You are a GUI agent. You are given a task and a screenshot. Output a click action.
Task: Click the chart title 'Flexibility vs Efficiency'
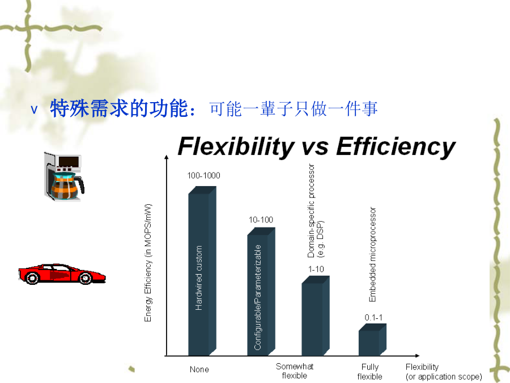[316, 146]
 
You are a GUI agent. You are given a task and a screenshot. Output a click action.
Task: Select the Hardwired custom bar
[202, 271]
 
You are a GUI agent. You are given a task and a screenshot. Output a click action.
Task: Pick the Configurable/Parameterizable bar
[261, 292]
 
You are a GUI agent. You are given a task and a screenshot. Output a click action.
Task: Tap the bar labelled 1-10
[316, 315]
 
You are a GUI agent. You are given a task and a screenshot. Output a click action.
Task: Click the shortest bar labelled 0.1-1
[372, 340]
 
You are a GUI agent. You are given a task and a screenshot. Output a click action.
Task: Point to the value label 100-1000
[203, 175]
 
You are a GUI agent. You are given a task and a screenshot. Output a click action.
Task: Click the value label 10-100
[261, 220]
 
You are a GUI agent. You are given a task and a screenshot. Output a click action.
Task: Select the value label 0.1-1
[373, 318]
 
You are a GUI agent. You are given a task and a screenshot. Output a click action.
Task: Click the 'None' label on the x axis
[199, 369]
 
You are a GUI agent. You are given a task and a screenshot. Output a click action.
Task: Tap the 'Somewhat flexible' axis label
[294, 371]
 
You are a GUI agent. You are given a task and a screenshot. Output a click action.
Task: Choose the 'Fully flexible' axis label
[370, 372]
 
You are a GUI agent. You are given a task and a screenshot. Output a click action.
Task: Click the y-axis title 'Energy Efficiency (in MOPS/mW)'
[148, 263]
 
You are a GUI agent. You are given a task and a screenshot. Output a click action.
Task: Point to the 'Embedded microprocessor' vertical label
[372, 254]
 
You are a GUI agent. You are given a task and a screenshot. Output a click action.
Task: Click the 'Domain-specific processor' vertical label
[311, 211]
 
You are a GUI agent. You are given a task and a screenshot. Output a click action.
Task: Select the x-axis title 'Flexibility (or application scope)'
[444, 372]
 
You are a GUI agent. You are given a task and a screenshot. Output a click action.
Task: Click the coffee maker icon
[64, 176]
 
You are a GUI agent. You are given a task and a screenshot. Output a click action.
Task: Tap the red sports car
[62, 273]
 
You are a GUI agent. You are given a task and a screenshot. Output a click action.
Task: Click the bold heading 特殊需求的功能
[123, 108]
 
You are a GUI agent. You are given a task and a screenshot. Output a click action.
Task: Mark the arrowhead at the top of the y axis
[167, 157]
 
